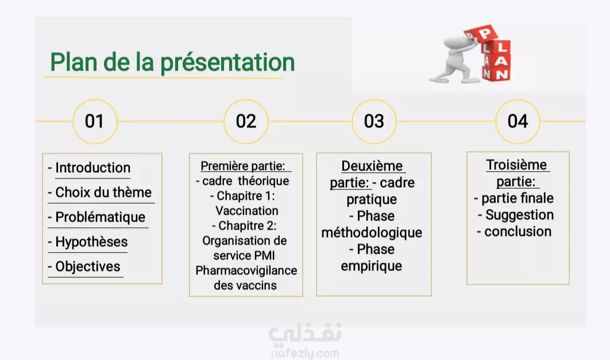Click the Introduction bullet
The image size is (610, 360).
pos(89,168)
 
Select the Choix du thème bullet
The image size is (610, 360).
pos(99,192)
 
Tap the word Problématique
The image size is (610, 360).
pos(101,218)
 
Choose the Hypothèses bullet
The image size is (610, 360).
pos(87,242)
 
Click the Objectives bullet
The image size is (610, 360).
pos(84,266)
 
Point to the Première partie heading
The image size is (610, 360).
pos(243,166)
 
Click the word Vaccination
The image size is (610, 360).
pos(247,211)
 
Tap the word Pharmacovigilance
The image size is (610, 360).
pos(246,270)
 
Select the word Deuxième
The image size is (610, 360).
pos(372,166)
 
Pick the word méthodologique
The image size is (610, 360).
pos(372,233)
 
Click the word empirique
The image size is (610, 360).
pos(372,266)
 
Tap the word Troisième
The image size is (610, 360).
pos(516,165)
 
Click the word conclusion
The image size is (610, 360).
pos(518,232)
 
